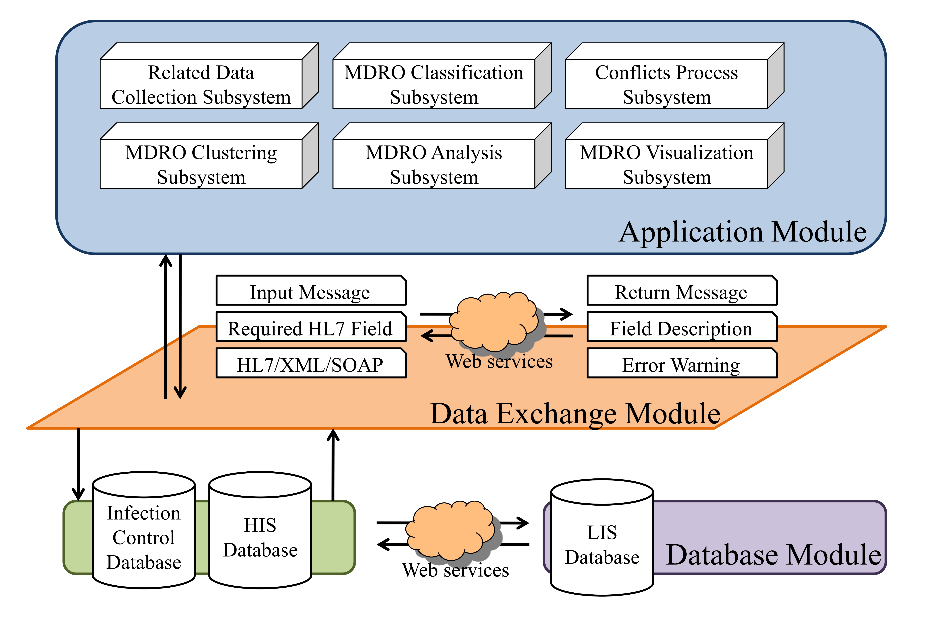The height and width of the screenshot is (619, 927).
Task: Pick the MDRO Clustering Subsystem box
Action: pyautogui.click(x=201, y=164)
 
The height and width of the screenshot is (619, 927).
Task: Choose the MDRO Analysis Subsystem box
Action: pyautogui.click(x=434, y=164)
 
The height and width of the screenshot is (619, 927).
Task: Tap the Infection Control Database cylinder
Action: pyautogui.click(x=144, y=531)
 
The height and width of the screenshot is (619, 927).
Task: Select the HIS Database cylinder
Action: pyautogui.click(x=260, y=531)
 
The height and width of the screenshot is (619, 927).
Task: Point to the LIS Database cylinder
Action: pyautogui.click(x=602, y=539)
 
